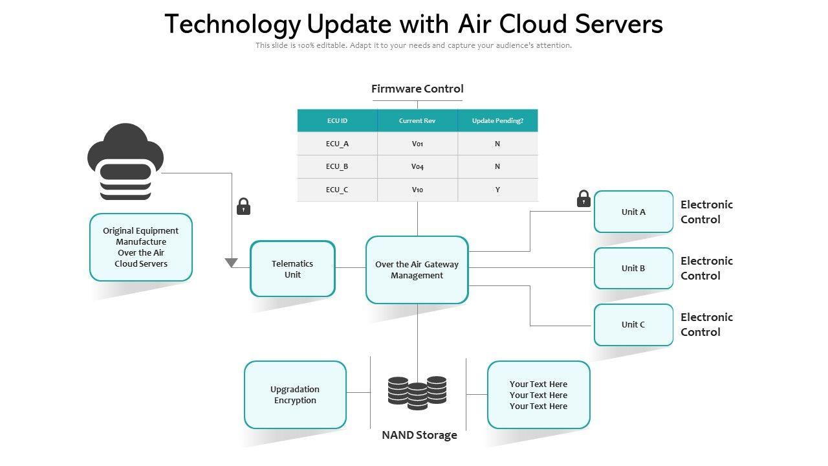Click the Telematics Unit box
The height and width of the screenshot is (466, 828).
292,269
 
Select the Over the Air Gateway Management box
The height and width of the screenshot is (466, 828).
417,270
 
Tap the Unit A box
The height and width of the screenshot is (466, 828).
633,212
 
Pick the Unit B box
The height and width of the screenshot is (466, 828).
633,268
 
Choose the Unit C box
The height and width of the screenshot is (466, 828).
633,324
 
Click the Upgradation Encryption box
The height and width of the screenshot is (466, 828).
295,395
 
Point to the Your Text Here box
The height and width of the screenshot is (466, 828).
538,395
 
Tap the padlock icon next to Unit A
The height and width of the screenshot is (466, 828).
583,199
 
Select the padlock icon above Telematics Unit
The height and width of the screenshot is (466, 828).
244,206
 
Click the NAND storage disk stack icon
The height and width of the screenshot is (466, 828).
417,392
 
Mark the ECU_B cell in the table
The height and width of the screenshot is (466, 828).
337,166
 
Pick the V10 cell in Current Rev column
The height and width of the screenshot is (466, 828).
417,190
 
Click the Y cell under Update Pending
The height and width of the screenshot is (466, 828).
497,190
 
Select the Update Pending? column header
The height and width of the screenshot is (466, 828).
497,120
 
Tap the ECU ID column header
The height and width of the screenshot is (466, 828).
337,120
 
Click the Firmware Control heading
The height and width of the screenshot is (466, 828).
417,89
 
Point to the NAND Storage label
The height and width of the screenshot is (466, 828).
419,435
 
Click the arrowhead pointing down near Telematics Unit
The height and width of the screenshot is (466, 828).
232,263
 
